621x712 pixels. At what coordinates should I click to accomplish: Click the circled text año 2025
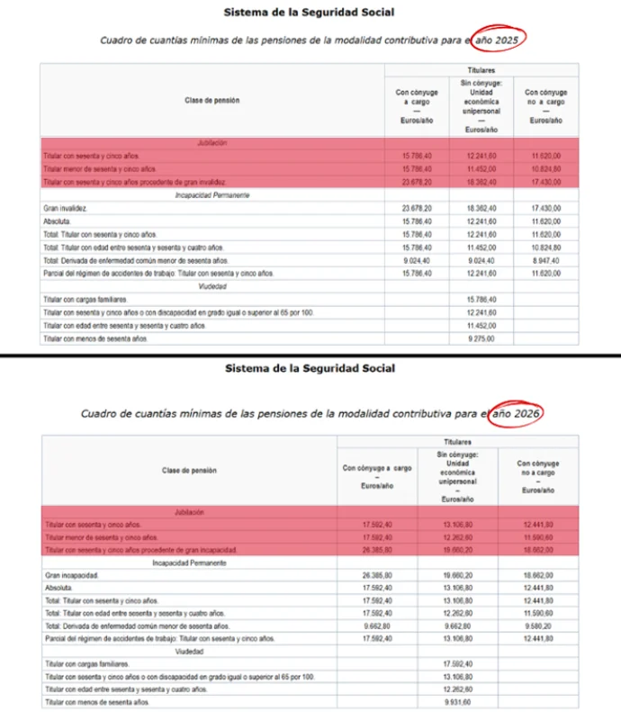tap(498, 40)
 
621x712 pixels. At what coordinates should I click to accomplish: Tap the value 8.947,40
tap(545, 260)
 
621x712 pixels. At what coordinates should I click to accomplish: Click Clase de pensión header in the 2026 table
tap(189, 470)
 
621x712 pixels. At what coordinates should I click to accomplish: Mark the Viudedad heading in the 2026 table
tap(188, 649)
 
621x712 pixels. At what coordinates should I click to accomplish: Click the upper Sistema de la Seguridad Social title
tap(309, 12)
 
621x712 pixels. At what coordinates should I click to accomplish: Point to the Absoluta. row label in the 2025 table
tap(58, 221)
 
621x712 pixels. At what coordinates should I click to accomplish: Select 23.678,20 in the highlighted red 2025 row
tap(418, 182)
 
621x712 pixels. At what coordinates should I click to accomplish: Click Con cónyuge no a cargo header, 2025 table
tap(545, 105)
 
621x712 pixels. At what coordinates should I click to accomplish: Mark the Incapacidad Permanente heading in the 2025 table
tap(213, 194)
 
